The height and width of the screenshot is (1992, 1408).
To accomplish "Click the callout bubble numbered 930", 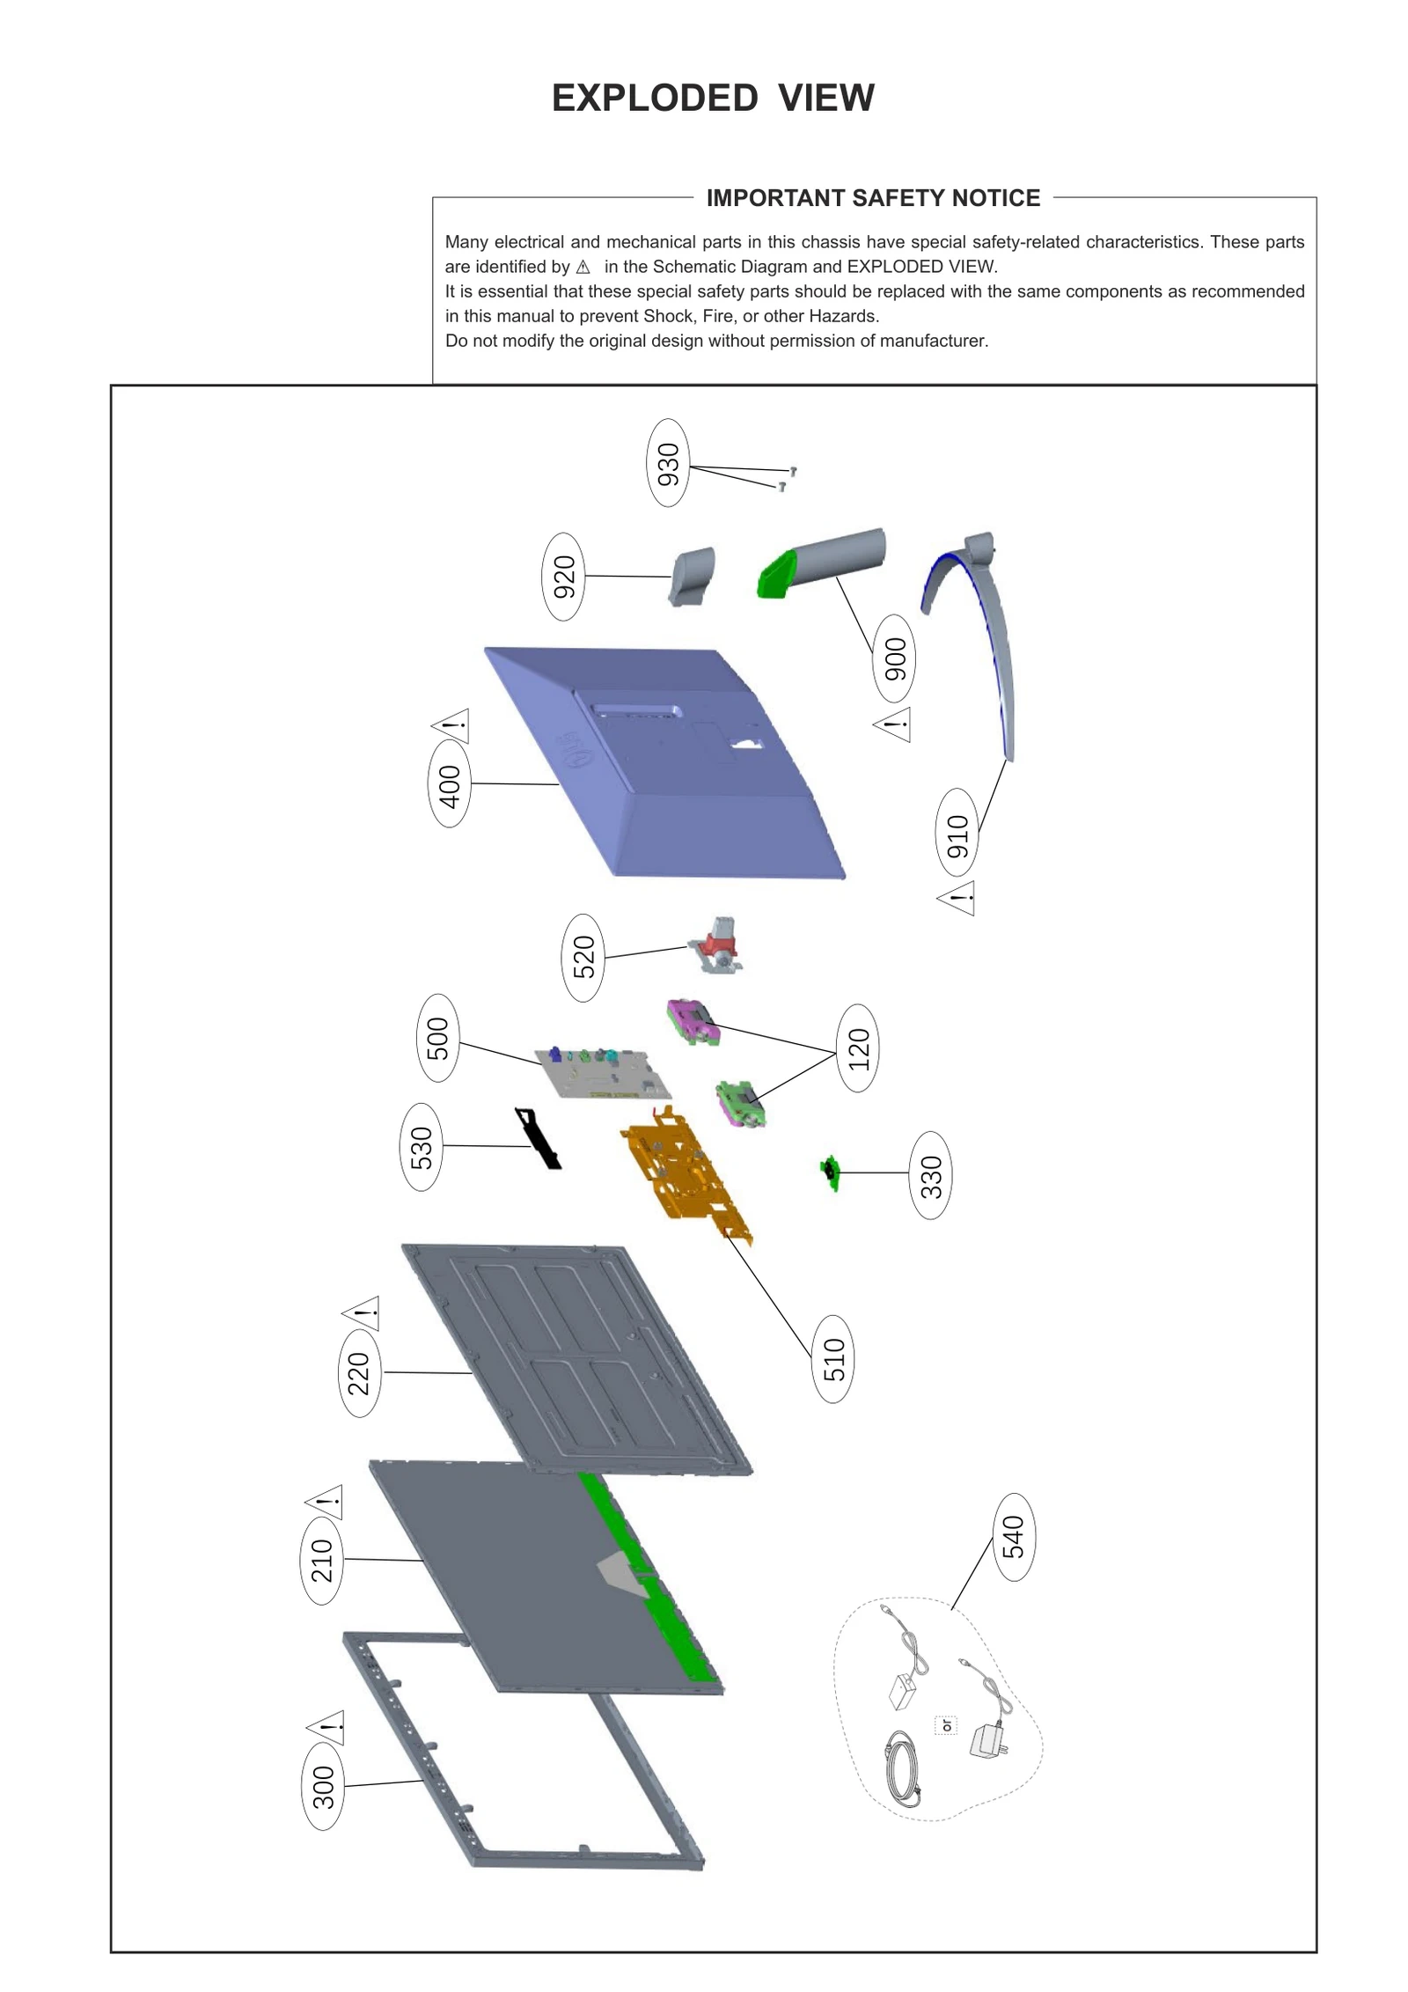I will point(668,462).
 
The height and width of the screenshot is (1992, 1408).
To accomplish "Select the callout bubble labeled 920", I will point(563,576).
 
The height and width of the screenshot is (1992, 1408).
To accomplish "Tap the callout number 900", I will point(894,658).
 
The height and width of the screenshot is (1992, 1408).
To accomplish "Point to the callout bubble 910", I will point(957,833).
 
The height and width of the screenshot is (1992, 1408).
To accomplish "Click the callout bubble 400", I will point(449,783).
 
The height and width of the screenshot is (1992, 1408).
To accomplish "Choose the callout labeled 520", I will point(583,957).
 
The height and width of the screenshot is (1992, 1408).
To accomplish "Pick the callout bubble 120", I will point(858,1047).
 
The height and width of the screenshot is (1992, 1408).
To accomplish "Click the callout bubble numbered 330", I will point(930,1175).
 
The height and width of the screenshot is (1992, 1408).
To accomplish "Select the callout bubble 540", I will point(1013,1537).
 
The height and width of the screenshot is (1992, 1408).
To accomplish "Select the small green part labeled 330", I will point(830,1172).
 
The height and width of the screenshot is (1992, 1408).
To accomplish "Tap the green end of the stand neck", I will point(774,573).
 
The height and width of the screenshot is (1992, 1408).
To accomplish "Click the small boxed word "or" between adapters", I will point(946,1726).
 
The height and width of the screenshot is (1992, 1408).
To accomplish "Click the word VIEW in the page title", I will point(825,98).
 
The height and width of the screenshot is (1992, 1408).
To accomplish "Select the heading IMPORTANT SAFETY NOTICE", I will point(872,198).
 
